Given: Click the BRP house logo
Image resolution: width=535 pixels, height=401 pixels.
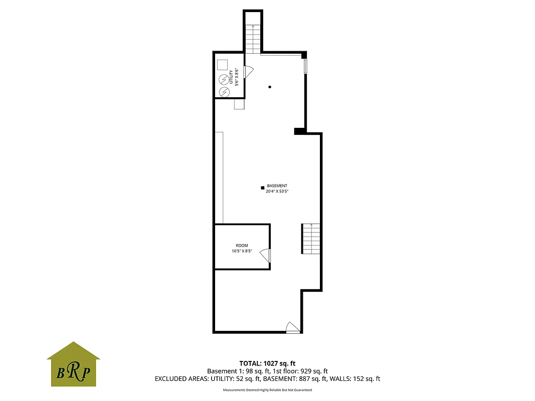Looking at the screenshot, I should coord(73,364).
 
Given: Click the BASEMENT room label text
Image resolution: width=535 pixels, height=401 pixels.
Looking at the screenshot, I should coord(277,185).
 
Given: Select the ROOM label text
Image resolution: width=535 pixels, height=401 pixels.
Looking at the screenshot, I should coord(242,246).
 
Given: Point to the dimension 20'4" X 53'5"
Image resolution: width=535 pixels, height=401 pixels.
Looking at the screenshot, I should coord(277,191).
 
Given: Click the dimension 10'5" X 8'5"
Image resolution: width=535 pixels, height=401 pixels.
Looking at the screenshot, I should coord(242,251).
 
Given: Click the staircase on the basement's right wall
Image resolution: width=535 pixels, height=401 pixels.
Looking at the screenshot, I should coord(310,239).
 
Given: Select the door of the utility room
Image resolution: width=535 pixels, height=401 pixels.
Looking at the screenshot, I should coord(248,72).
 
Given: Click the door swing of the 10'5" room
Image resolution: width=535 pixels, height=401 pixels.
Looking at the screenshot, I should coord(266,256).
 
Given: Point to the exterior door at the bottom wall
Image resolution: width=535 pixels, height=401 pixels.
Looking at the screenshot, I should coord(292,328).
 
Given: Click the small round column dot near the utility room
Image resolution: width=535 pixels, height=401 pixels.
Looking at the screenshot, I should coord(270,87).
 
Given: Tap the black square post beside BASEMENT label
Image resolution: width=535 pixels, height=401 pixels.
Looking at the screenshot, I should coord(262,187).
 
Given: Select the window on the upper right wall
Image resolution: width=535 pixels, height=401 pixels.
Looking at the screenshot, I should coord(305,67).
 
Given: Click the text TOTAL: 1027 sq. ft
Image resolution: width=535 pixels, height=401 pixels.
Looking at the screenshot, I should coord(268,363).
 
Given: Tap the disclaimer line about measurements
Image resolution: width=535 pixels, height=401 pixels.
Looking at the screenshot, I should coord(267,390).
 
